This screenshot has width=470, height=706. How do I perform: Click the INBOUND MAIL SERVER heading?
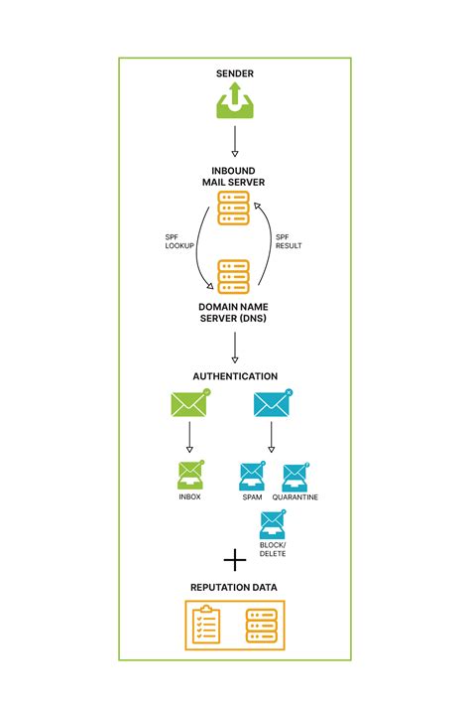[x=235, y=176]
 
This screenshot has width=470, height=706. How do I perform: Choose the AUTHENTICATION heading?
[x=235, y=377]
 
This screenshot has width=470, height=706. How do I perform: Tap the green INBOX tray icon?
[x=188, y=474]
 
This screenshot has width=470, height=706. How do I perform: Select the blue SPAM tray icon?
[x=252, y=476]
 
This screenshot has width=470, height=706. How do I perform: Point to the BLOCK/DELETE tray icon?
[x=272, y=524]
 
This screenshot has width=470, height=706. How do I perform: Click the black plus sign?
[x=235, y=562]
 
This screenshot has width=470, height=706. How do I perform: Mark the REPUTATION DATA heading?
[x=235, y=588]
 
